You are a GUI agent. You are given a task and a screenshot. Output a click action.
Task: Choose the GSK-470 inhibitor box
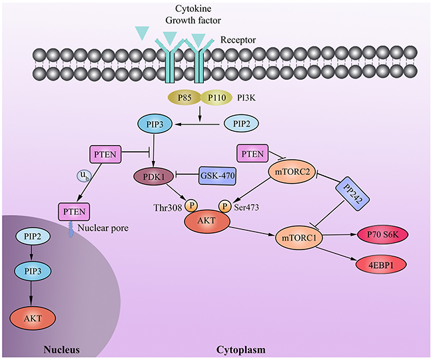coord(217,175)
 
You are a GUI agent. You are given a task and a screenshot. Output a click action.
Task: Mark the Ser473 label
coord(247,207)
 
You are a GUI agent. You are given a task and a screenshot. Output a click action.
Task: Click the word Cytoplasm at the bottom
coord(240,349)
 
